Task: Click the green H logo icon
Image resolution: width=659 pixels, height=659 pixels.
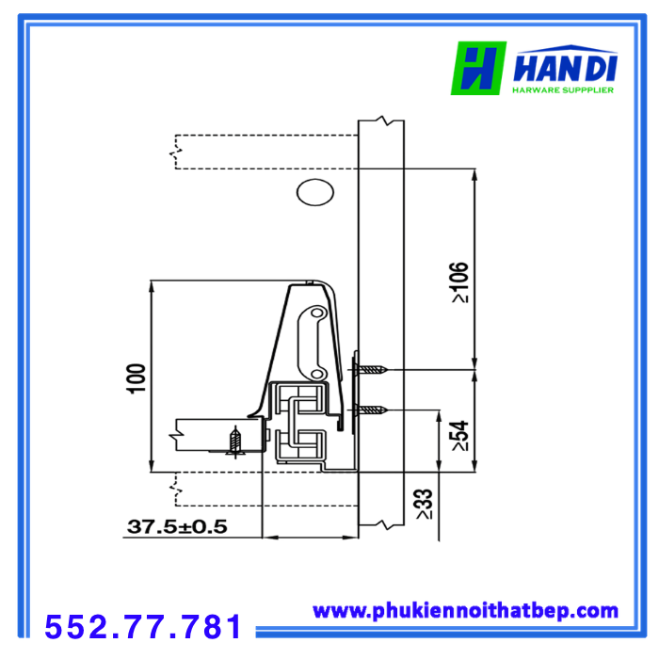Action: [x=478, y=68]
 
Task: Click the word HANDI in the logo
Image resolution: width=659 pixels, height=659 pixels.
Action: [x=565, y=67]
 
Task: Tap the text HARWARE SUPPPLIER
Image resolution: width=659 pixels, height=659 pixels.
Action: [x=563, y=90]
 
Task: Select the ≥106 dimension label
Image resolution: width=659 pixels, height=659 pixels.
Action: [x=459, y=282]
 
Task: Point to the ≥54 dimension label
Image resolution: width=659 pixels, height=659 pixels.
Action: [x=459, y=435]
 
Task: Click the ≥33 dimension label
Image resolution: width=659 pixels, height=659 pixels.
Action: [x=424, y=505]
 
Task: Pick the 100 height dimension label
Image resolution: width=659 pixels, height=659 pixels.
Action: [x=136, y=378]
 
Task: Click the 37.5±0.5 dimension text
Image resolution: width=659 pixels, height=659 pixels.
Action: [x=177, y=526]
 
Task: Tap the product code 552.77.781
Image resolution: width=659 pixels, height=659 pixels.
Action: [x=143, y=626]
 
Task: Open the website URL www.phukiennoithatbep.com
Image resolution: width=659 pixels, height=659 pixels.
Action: [x=465, y=611]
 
